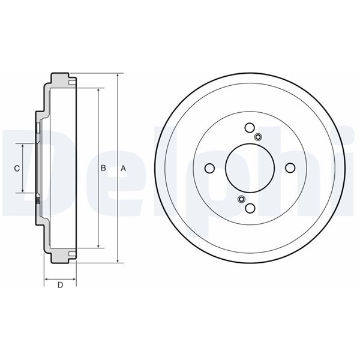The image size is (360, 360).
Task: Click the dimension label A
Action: click(123, 169)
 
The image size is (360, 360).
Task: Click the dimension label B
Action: click(103, 168)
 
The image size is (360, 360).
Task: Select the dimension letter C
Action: click(17, 169)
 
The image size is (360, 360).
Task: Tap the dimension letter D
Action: click(60, 285)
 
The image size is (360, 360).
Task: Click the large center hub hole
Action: click(250, 168)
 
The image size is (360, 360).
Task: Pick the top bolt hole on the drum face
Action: click(250, 128)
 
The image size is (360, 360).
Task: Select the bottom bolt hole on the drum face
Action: click(250, 208)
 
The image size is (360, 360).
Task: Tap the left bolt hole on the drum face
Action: click(209, 168)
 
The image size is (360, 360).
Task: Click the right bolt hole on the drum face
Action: click(290, 168)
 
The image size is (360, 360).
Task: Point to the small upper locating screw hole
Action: click(258, 137)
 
